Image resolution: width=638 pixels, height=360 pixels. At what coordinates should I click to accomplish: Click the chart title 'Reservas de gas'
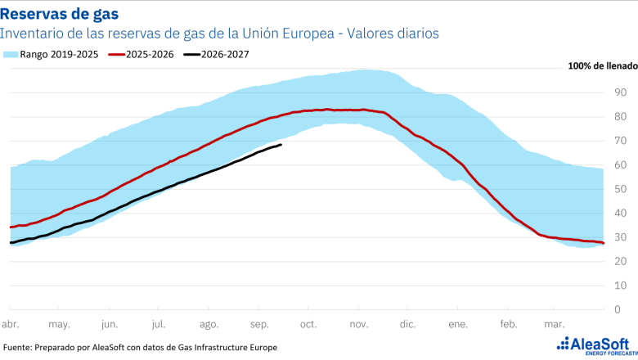(x=60, y=14)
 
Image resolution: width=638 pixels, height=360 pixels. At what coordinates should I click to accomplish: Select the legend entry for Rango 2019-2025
(x=51, y=55)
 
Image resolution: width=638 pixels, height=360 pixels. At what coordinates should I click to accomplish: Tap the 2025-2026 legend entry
(x=142, y=55)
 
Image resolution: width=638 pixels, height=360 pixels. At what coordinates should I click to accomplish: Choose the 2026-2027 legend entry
(x=216, y=55)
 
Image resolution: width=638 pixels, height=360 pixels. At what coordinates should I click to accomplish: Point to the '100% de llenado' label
(x=603, y=66)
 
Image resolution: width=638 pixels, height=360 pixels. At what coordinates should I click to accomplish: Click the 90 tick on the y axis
(x=621, y=92)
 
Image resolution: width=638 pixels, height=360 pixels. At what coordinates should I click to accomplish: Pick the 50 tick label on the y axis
(x=621, y=189)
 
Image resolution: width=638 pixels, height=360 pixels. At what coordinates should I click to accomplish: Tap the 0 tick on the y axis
(x=618, y=309)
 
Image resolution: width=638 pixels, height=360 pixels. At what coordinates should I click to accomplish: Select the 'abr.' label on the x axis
(x=10, y=324)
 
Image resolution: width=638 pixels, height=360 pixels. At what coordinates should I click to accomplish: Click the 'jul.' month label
(x=159, y=324)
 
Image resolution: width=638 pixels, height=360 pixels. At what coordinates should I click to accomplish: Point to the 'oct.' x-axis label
(x=308, y=324)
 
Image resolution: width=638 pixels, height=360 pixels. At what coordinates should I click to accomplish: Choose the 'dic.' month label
(x=407, y=324)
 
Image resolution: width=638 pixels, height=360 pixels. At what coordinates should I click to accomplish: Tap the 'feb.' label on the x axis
(x=509, y=324)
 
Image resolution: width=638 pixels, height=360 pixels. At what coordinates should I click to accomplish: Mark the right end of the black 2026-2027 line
(x=281, y=145)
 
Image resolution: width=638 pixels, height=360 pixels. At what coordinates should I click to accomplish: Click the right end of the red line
(x=604, y=243)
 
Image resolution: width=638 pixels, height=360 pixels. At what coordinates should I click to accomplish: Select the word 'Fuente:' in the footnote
(x=17, y=348)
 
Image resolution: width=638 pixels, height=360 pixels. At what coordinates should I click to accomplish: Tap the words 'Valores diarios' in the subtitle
(x=393, y=34)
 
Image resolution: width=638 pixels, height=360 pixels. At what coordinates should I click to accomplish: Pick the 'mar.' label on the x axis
(x=555, y=324)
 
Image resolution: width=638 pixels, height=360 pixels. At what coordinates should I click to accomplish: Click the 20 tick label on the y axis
(x=621, y=261)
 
